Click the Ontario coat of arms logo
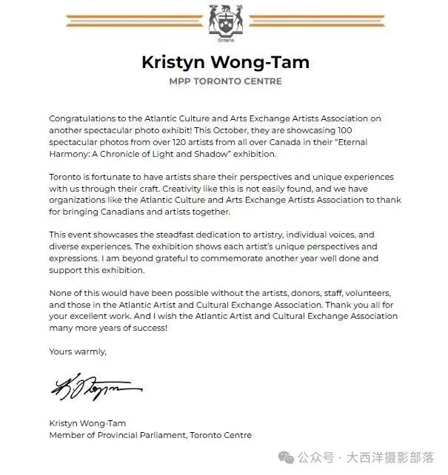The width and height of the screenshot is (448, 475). coord(223,23)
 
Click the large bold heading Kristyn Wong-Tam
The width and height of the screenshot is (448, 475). coord(223,62)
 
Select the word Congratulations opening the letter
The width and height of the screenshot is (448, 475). coord(81,118)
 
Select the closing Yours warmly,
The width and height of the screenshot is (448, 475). coord(78,351)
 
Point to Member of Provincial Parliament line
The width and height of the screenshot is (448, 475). coord(150,435)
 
